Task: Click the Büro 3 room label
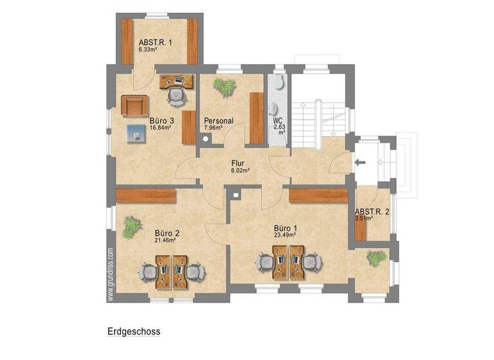[x=162, y=120]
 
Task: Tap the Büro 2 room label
[x=167, y=233]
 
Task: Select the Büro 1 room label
[x=286, y=228]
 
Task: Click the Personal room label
[x=219, y=120]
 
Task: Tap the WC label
[x=278, y=120]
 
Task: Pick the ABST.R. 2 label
[x=372, y=212]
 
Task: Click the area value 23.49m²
[x=286, y=235]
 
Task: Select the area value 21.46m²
[x=165, y=240]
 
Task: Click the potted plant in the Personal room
[x=225, y=87]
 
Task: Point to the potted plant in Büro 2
[x=132, y=225]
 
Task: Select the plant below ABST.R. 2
[x=376, y=258]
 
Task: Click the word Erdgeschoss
[x=133, y=332]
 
